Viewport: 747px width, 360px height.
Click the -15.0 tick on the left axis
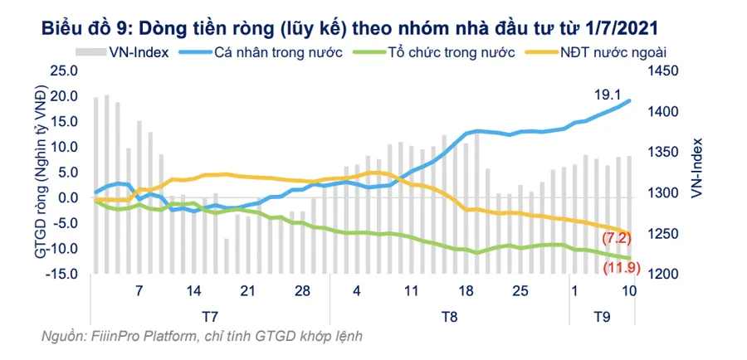tap(63, 275)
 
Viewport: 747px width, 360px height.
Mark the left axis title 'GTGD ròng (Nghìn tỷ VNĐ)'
tap(41, 173)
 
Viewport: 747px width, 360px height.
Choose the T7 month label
tap(211, 316)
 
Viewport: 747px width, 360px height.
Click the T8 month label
tap(449, 316)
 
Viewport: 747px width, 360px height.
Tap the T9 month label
tap(601, 316)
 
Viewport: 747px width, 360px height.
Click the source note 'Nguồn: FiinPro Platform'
tap(202, 336)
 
